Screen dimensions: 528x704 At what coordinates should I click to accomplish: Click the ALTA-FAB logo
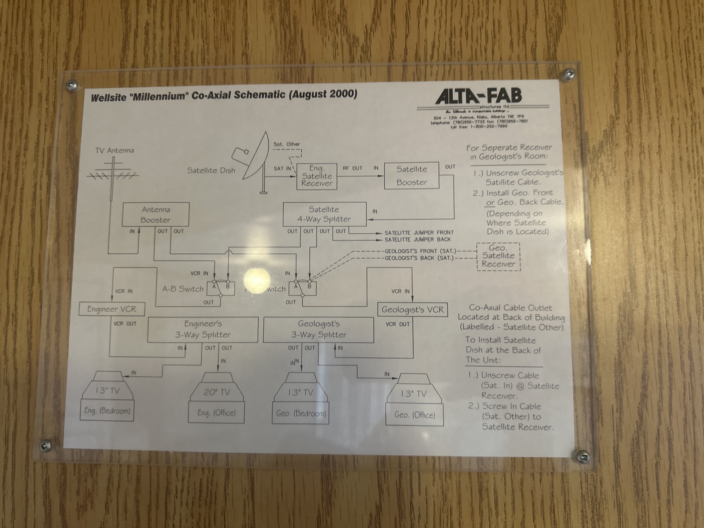pyautogui.click(x=478, y=97)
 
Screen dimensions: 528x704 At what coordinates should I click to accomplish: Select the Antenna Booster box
pyautogui.click(x=156, y=214)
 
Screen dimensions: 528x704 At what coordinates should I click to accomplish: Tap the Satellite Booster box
pyautogui.click(x=411, y=176)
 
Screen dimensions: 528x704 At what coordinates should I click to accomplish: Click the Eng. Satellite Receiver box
pyautogui.click(x=316, y=176)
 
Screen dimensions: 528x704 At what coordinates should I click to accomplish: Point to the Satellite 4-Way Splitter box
pyautogui.click(x=324, y=214)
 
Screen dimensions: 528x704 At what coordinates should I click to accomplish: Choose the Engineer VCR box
pyautogui.click(x=112, y=309)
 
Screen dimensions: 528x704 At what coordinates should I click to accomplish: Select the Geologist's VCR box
pyautogui.click(x=412, y=309)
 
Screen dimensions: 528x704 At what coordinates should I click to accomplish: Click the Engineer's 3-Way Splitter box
pyautogui.click(x=203, y=329)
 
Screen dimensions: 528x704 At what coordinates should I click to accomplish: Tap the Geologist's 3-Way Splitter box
pyautogui.click(x=318, y=329)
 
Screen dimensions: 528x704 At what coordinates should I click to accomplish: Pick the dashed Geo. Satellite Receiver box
pyautogui.click(x=498, y=256)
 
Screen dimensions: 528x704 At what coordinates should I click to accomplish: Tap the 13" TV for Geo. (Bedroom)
pyautogui.click(x=301, y=398)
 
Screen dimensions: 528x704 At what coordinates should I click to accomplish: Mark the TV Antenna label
pyautogui.click(x=114, y=150)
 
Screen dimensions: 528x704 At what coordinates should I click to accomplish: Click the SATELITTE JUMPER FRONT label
pyautogui.click(x=419, y=233)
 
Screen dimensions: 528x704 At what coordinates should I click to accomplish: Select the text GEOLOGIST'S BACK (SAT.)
pyautogui.click(x=419, y=258)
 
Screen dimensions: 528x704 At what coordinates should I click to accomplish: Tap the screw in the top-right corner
pyautogui.click(x=568, y=74)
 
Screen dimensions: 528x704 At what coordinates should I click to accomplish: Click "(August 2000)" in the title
pyautogui.click(x=323, y=95)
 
